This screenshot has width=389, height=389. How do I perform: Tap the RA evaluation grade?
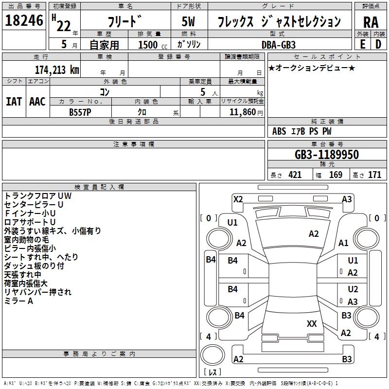[x=370, y=22]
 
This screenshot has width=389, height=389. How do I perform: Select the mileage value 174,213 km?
[x=56, y=70]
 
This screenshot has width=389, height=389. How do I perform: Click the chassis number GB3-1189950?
[x=327, y=155]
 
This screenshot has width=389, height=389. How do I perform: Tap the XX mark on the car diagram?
[x=312, y=324]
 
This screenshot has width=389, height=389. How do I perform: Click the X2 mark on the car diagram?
[x=238, y=199]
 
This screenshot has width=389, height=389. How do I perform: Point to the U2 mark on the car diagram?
[x=353, y=289]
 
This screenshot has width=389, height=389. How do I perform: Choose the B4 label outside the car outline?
[x=210, y=260]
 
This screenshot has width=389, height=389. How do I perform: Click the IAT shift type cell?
[x=14, y=101]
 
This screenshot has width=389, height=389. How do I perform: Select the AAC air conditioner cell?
[x=37, y=101]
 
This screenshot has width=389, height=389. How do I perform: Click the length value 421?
[x=295, y=175]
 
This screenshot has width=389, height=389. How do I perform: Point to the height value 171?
[x=374, y=175]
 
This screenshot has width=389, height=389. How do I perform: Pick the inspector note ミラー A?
[x=18, y=301]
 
